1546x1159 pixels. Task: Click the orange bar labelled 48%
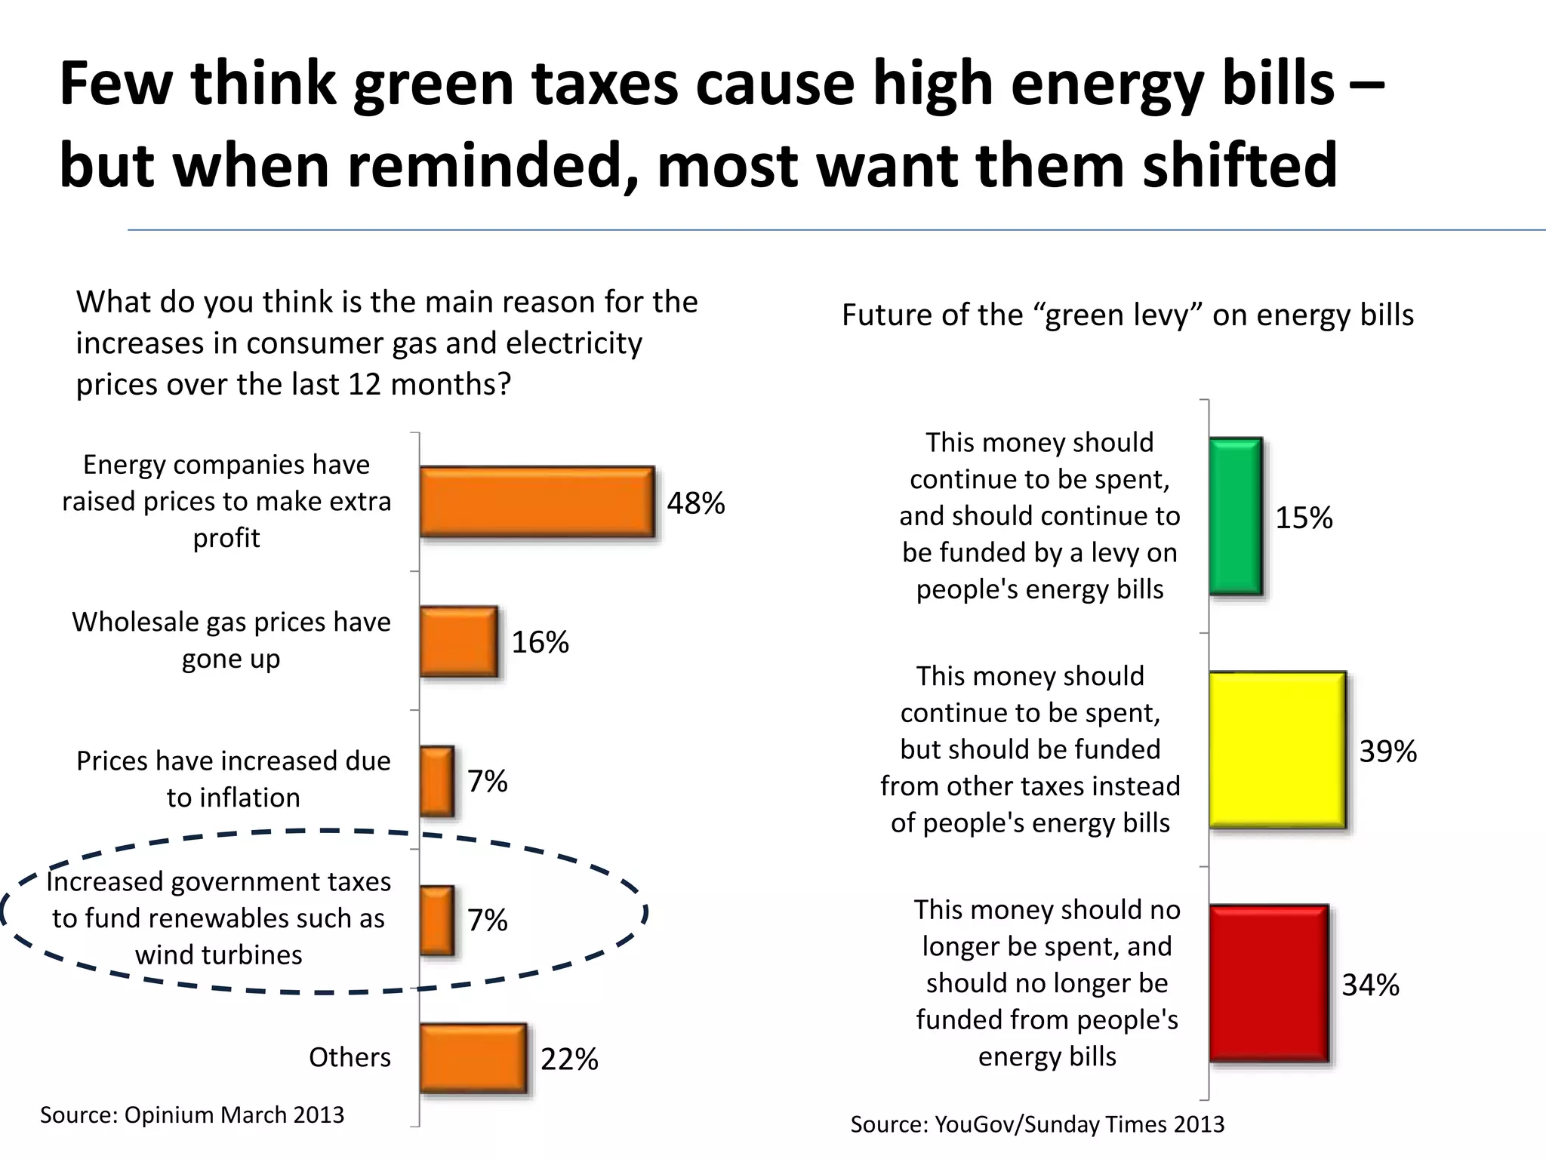pos(537,502)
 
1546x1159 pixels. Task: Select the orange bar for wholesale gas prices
pos(459,641)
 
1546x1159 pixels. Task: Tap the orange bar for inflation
pos(437,781)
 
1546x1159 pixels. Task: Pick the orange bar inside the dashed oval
pos(437,920)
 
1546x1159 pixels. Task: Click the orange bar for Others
pos(473,1058)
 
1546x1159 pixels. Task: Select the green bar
pos(1236,516)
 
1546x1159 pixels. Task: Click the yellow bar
pos(1277,750)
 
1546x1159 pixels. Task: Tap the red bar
pos(1269,983)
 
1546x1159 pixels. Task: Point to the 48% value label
pos(695,503)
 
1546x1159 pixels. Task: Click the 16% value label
pos(540,642)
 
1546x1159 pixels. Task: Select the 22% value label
pos(569,1059)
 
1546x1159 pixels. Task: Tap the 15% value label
pos(1304,518)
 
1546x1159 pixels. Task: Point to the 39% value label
pos(1387,752)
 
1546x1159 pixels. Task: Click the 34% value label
pos(1370,985)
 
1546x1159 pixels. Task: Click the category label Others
pos(350,1057)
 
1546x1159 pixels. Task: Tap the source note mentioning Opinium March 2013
pos(192,1114)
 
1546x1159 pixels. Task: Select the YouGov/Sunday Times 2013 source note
pos(1037,1124)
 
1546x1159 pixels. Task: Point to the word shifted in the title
pos(1240,164)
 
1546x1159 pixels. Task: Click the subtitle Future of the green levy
pos(1127,315)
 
